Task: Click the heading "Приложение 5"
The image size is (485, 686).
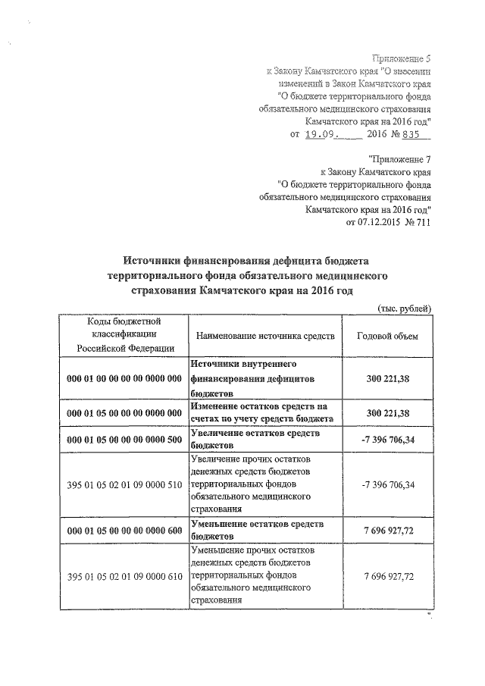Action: click(x=402, y=58)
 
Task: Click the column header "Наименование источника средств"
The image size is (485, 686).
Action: click(x=264, y=335)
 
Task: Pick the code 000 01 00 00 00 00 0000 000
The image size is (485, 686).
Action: click(x=124, y=377)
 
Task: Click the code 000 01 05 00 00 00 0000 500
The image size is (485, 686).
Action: click(x=124, y=440)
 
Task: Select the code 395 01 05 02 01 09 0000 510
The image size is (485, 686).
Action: click(x=124, y=484)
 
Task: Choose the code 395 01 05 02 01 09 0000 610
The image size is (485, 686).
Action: click(x=124, y=576)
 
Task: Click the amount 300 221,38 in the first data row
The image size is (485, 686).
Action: click(x=388, y=377)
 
